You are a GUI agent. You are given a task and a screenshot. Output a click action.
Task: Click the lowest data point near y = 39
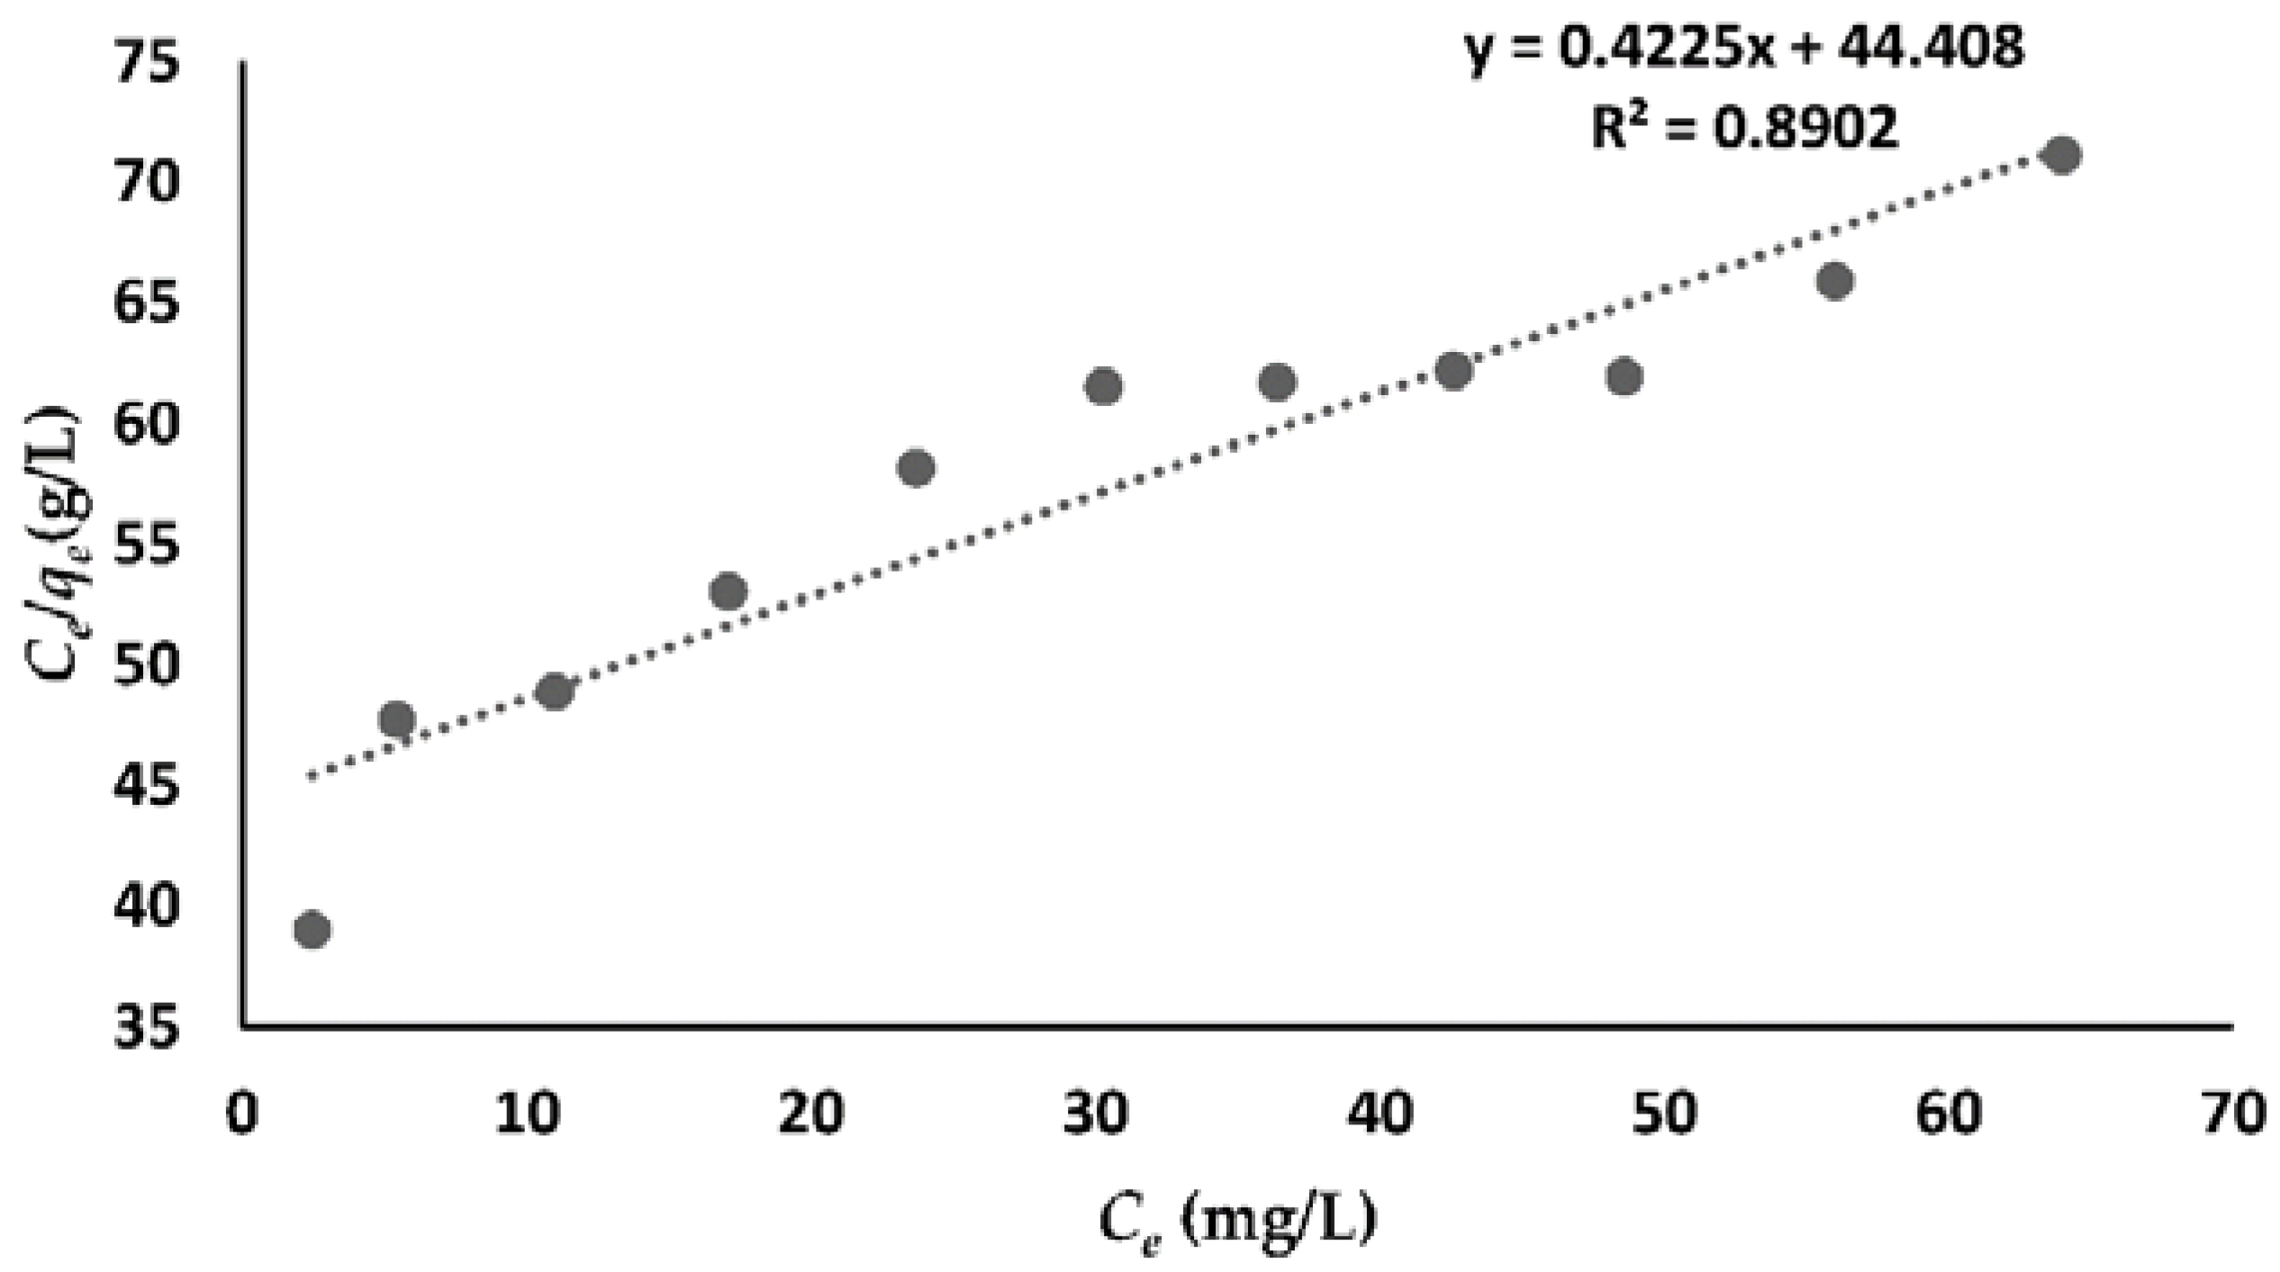point(312,929)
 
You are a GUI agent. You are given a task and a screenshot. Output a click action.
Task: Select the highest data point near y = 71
point(2062,155)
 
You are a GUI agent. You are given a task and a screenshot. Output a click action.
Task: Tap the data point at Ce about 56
point(1835,281)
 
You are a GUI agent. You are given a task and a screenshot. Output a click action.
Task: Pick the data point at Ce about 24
point(916,467)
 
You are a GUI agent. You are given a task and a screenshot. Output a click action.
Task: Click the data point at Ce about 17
point(728,591)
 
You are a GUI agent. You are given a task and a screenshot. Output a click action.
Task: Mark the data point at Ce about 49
point(1624,376)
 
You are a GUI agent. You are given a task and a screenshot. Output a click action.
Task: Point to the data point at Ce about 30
point(1104,386)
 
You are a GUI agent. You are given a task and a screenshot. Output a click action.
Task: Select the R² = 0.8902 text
point(1744,128)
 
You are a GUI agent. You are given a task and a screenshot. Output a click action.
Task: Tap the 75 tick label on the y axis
point(147,65)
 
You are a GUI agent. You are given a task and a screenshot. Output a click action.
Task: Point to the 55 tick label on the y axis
point(147,546)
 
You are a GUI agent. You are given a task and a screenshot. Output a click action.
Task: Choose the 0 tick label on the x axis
point(241,1114)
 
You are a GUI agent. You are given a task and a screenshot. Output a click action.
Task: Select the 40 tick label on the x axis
point(1380,1114)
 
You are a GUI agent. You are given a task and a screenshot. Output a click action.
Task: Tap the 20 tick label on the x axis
point(810,1114)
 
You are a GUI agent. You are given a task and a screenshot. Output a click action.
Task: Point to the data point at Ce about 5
point(397,719)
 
